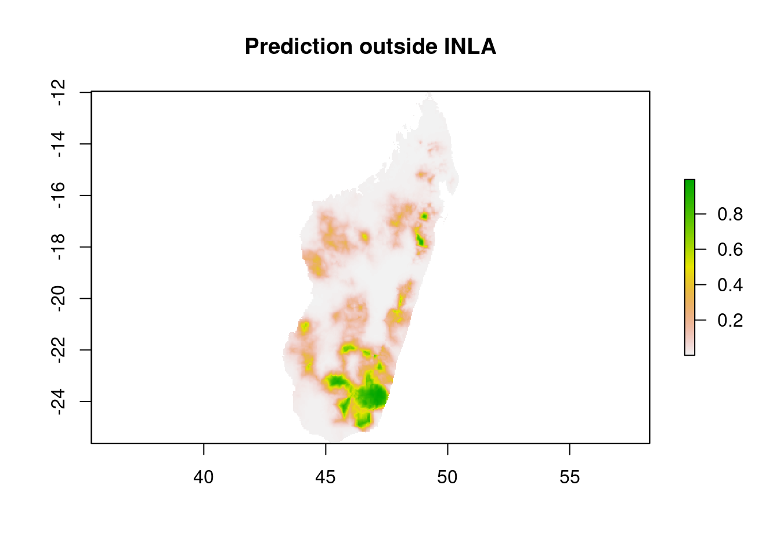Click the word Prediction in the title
299,46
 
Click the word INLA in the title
470,46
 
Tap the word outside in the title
398,46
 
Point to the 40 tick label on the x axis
204,477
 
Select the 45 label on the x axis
326,477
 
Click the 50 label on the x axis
447,477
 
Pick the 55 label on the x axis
570,477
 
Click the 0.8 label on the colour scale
730,214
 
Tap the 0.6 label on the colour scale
730,249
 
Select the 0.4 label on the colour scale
730,285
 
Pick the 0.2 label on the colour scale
730,320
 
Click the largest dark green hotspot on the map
371,396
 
